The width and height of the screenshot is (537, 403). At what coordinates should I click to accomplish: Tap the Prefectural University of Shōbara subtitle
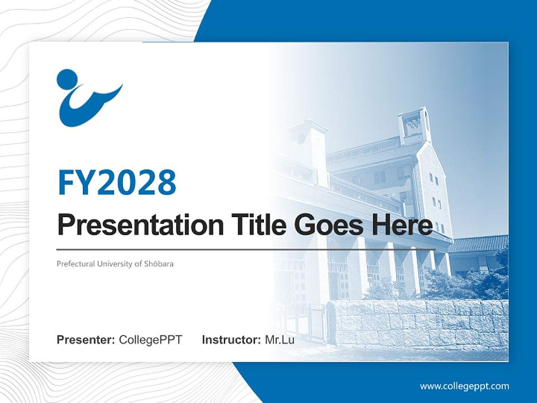click(115, 264)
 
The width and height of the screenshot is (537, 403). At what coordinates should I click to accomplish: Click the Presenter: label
click(86, 340)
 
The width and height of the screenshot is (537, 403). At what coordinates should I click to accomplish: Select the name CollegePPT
click(150, 340)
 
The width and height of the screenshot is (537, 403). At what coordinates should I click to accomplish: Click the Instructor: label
click(231, 340)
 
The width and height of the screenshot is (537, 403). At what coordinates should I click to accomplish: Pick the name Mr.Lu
click(279, 340)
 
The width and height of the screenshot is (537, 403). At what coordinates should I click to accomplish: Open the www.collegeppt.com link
click(464, 386)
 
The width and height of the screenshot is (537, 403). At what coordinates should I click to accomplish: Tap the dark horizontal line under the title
click(246, 249)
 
